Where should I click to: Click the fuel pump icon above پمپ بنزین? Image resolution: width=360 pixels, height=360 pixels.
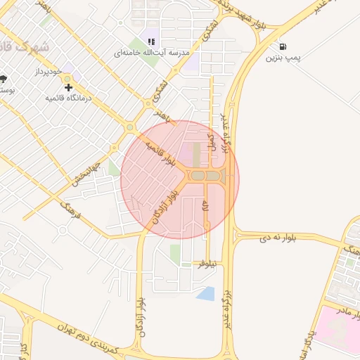pyautogui.click(x=283, y=46)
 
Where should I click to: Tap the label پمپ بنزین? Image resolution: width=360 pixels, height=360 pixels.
pyautogui.click(x=283, y=58)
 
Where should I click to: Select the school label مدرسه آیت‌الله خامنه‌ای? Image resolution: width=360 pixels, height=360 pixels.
pyautogui.click(x=150, y=53)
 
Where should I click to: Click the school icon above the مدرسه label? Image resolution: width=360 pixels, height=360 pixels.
pyautogui.click(x=151, y=41)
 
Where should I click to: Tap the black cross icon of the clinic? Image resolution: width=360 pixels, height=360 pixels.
pyautogui.click(x=68, y=87)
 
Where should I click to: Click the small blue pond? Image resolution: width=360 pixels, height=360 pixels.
pyautogui.click(x=206, y=292)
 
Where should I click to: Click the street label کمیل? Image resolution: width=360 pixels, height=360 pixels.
pyautogui.click(x=211, y=141)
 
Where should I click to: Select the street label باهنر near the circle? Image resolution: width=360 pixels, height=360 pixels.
pyautogui.click(x=162, y=115)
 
